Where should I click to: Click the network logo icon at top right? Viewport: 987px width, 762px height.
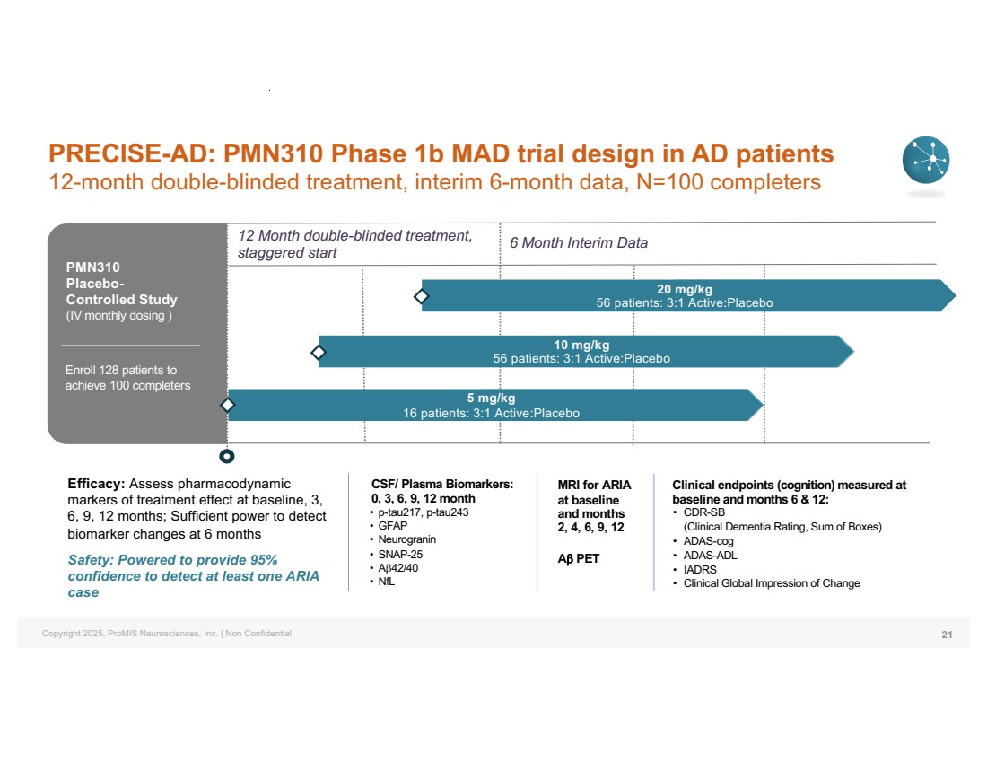[925, 160]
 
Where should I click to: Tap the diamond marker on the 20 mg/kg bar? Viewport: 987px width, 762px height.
[421, 295]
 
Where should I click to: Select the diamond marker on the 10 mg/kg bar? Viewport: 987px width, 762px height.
[319, 351]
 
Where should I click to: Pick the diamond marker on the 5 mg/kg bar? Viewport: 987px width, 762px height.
[228, 405]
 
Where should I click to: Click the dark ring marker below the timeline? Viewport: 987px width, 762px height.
[228, 457]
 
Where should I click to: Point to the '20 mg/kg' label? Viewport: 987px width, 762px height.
[684, 289]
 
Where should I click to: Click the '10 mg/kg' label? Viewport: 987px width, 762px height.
[581, 345]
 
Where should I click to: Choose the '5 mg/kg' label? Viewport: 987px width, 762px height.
[491, 399]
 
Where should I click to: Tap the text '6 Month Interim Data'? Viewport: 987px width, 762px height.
[578, 243]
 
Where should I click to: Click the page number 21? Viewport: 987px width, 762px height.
[947, 635]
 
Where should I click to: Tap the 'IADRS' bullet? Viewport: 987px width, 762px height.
[700, 569]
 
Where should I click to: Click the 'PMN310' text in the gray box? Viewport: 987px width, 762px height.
[92, 267]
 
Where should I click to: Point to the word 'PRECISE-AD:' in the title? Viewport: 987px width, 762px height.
[127, 153]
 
